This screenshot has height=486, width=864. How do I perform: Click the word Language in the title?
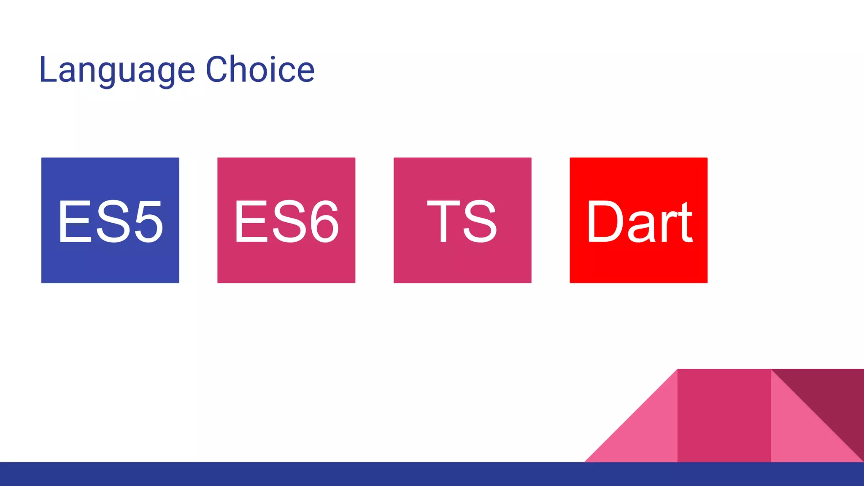117,70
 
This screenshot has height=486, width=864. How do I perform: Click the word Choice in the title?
260,69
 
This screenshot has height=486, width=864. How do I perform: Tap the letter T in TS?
443,221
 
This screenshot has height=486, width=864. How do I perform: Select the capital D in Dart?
604,221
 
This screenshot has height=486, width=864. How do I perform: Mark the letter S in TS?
480,221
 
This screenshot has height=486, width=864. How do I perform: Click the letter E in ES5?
75,221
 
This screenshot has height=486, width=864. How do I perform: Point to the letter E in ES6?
251,221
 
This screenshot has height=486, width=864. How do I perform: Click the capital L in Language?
47,70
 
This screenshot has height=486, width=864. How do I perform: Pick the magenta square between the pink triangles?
724,416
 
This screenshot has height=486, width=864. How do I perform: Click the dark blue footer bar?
432,474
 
